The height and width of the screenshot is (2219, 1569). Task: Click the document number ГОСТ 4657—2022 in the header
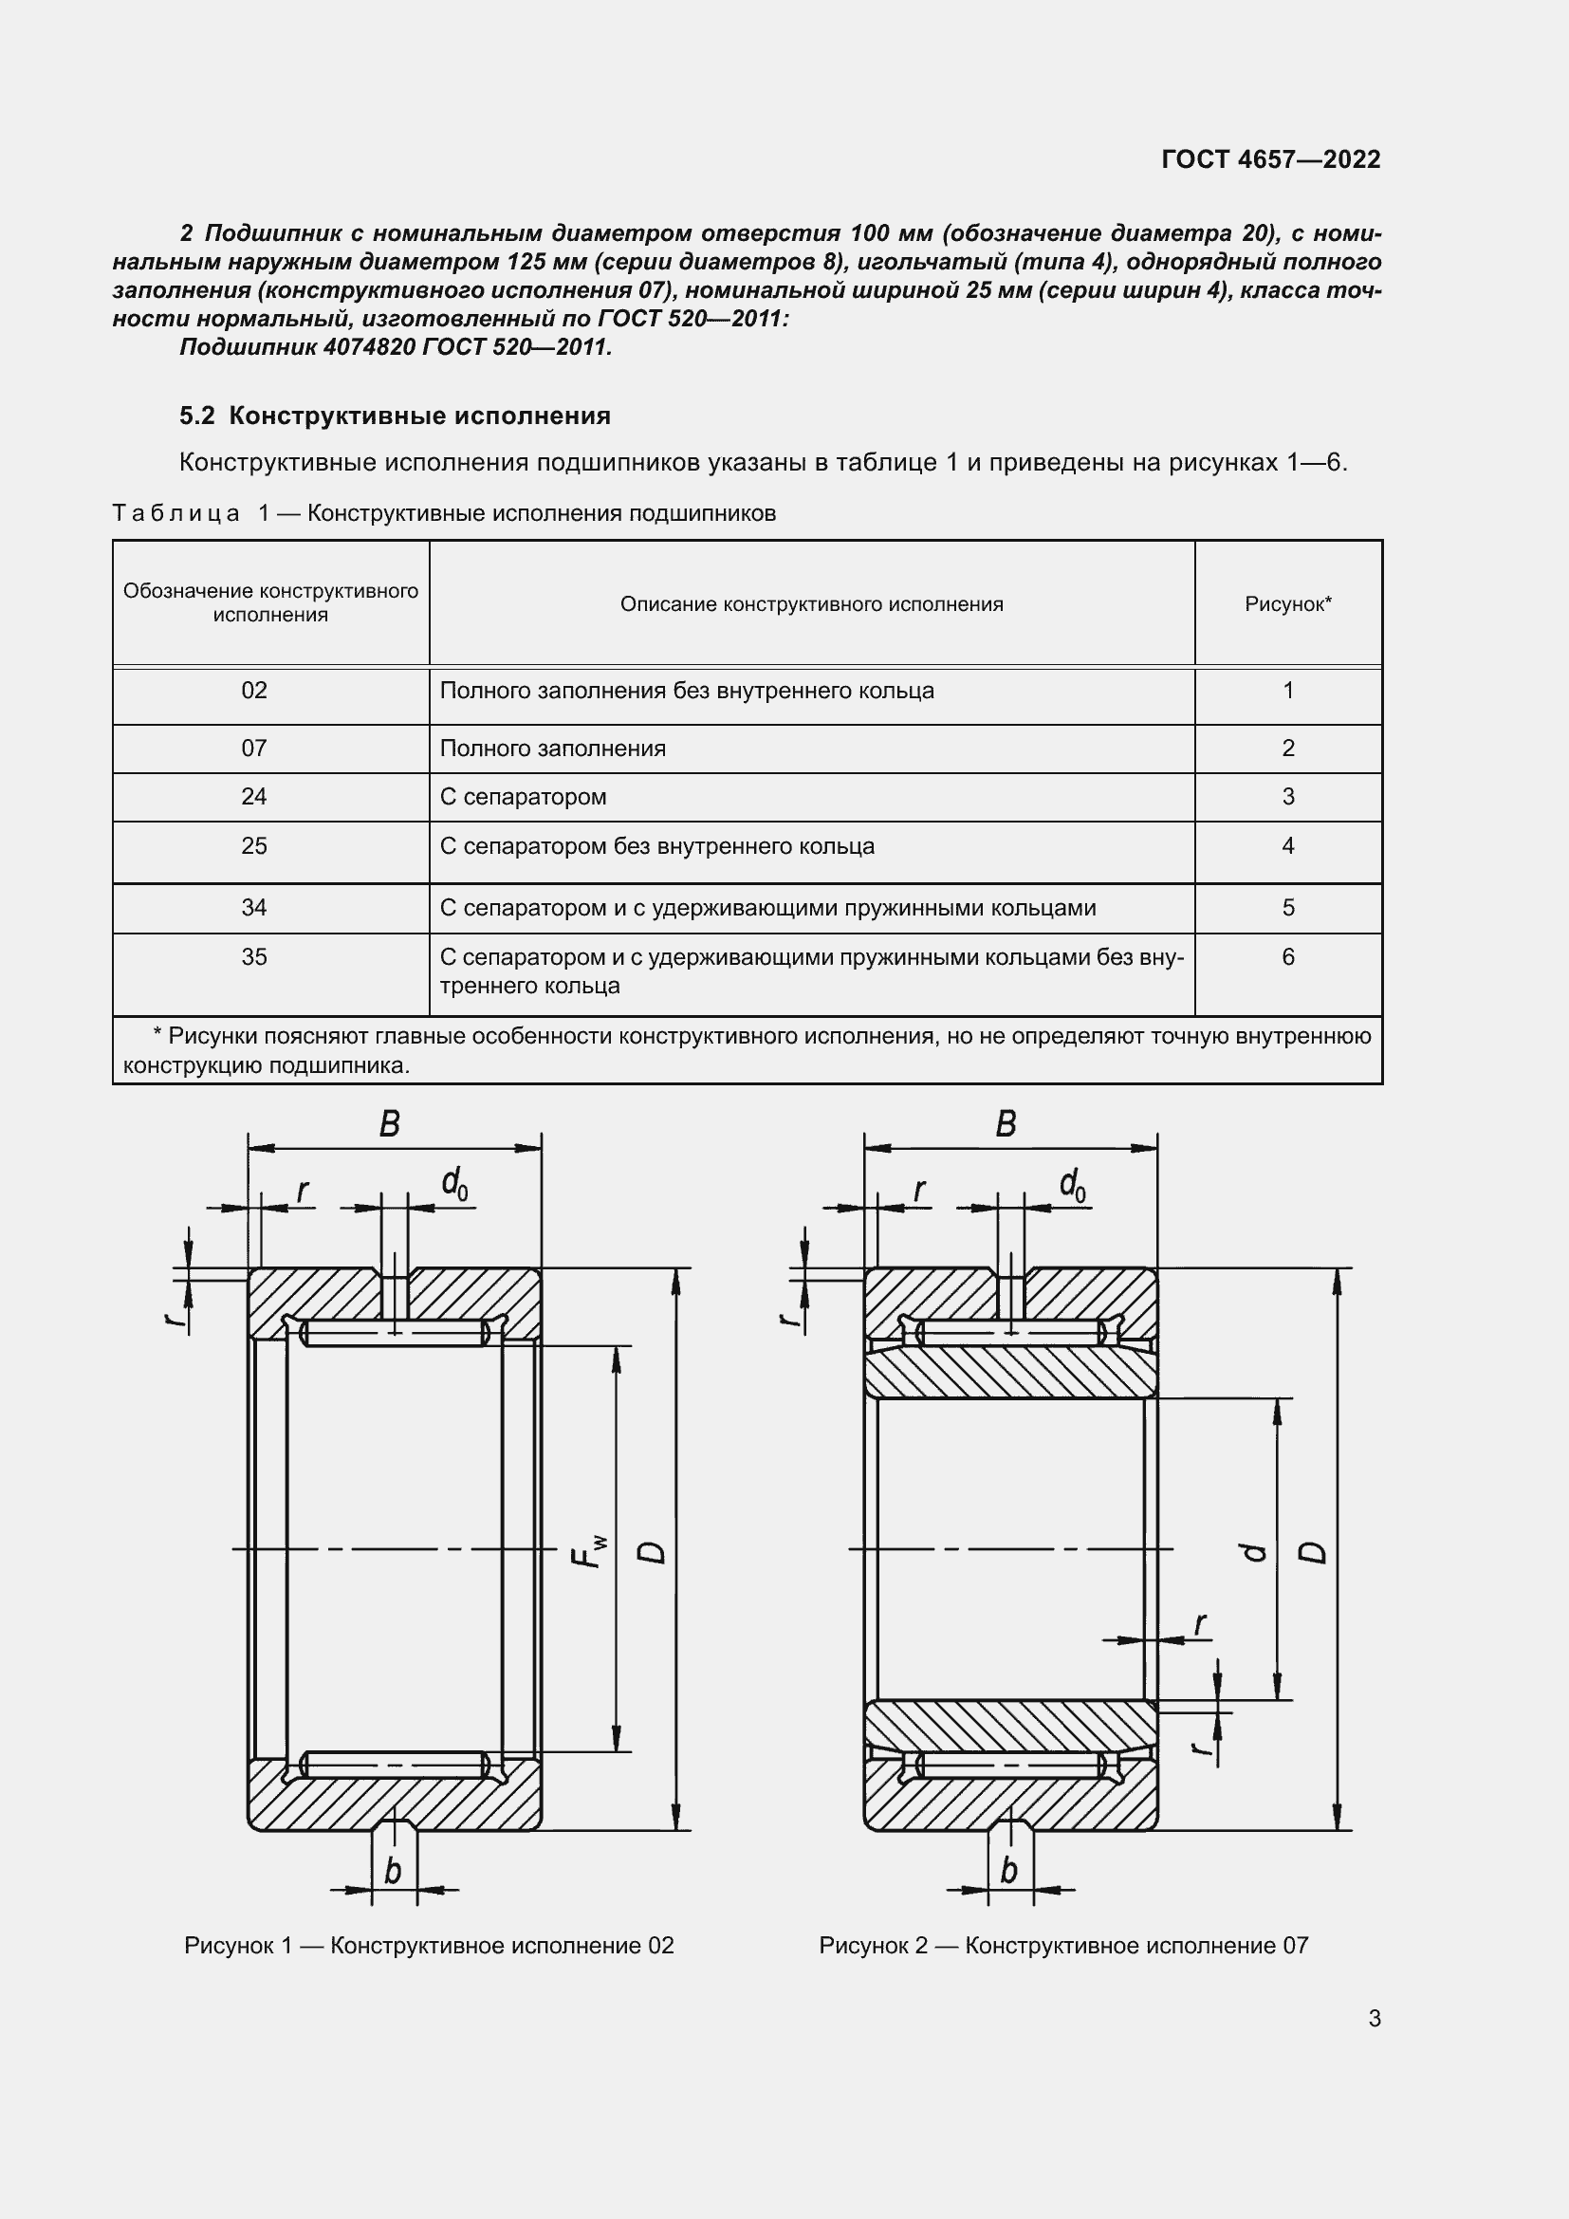tap(1270, 159)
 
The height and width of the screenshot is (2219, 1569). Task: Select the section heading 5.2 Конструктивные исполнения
tap(396, 416)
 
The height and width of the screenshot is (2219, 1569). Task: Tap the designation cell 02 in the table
tap(254, 691)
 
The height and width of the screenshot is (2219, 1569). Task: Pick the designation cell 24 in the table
tap(254, 797)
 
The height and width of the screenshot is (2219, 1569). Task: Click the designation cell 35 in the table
tap(254, 957)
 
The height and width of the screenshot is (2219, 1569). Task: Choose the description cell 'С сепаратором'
tap(523, 797)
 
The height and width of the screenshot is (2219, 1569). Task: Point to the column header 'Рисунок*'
tap(1288, 604)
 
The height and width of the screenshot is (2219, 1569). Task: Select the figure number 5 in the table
tap(1288, 908)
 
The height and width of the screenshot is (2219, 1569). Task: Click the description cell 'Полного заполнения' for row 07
tap(553, 748)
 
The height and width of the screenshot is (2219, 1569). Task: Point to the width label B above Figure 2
tap(1006, 1124)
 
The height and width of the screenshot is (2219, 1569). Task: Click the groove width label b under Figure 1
tap(393, 1871)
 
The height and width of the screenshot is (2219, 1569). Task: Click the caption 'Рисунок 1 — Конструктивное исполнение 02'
tap(429, 1946)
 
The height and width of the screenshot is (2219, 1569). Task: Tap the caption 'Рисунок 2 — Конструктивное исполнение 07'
tap(1063, 1946)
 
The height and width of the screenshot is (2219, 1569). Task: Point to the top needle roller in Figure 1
tap(395, 1334)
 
